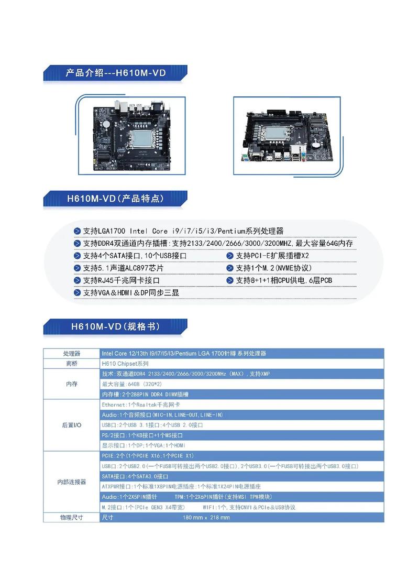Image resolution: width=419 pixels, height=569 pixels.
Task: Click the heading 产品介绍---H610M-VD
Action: (115, 73)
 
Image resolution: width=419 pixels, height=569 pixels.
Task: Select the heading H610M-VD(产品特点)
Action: (115, 199)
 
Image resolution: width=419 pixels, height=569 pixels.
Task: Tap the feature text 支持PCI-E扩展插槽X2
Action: (272, 256)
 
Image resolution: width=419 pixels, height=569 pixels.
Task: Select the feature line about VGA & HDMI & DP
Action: (131, 293)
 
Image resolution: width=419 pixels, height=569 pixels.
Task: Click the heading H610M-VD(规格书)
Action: (115, 326)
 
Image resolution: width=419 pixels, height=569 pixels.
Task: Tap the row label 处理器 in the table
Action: (72, 354)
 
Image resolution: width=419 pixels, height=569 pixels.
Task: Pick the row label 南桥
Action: (72, 364)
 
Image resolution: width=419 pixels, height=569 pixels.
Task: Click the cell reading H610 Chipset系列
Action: (126, 364)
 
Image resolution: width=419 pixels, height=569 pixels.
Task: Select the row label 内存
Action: (72, 384)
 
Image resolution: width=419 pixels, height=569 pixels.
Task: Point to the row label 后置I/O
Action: (72, 425)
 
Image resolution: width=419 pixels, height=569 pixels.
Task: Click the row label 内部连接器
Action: (72, 482)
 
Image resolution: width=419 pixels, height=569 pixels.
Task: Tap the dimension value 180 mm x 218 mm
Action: (206, 518)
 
